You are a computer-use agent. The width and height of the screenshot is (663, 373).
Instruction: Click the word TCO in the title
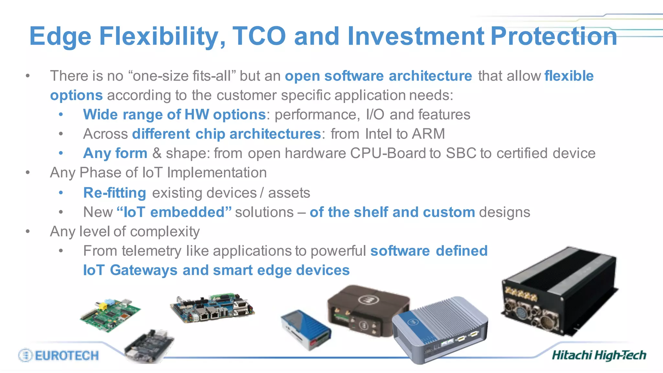[x=259, y=36]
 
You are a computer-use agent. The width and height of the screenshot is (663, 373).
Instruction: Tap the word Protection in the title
[x=554, y=36]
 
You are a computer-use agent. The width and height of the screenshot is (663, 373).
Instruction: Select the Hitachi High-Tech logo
[x=599, y=356]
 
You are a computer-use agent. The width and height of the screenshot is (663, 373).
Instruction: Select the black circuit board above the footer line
[x=149, y=346]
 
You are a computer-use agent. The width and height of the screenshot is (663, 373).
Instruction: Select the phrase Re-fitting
[x=115, y=193]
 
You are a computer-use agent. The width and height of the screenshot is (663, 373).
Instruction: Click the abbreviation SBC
[x=461, y=153]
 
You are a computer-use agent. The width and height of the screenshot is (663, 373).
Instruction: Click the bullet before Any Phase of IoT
[x=28, y=173]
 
